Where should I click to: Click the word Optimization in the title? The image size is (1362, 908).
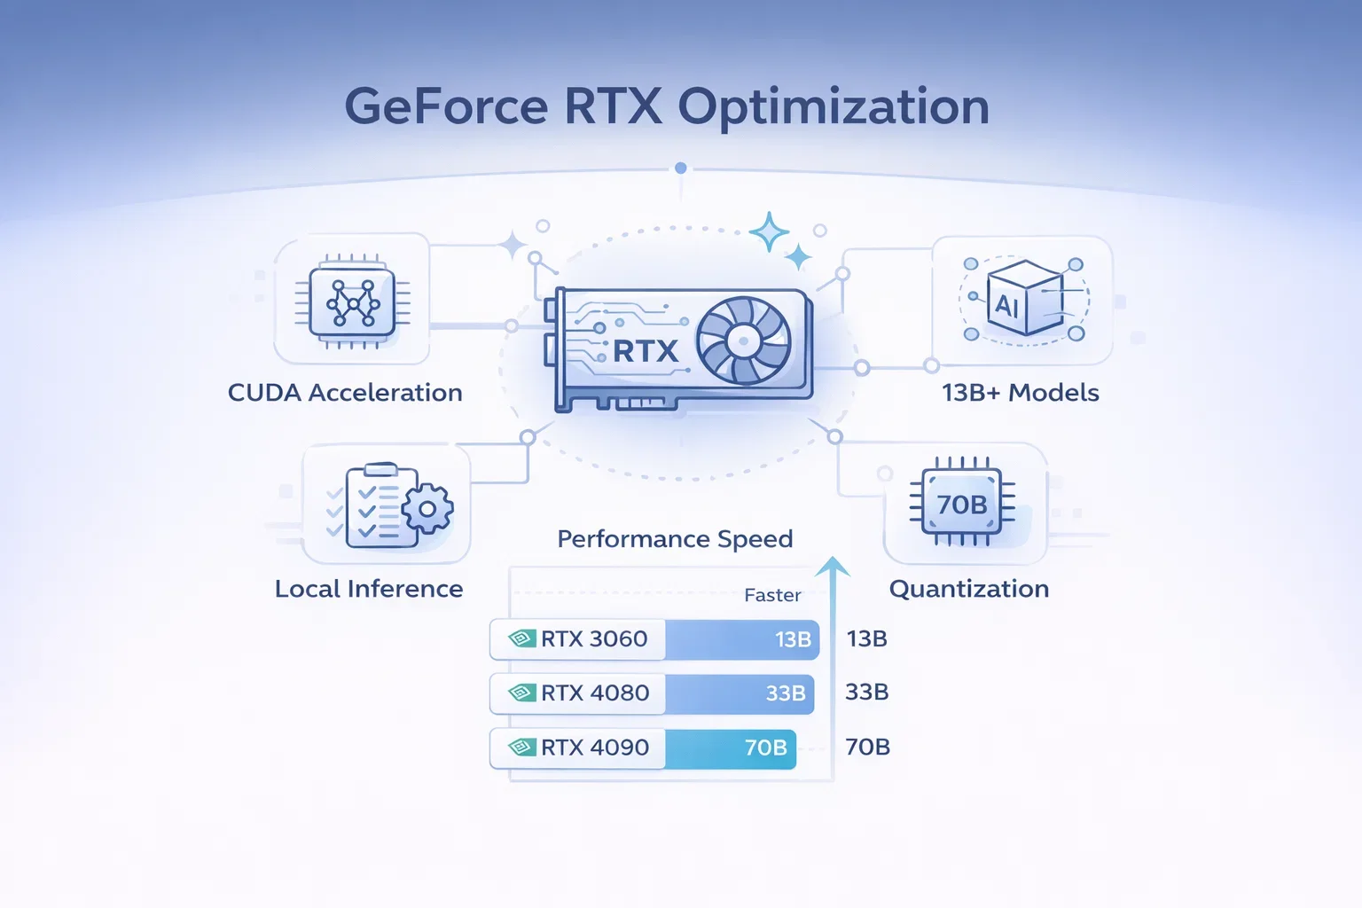[x=834, y=108]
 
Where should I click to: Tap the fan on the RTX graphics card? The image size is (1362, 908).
[x=743, y=340]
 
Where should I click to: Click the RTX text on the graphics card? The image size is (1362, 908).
[x=645, y=352]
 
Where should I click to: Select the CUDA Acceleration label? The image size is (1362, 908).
[x=345, y=393]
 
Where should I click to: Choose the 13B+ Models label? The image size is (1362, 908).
[x=1020, y=393]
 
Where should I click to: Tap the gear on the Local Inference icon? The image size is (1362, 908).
[x=427, y=509]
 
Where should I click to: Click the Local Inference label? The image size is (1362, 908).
[x=369, y=589]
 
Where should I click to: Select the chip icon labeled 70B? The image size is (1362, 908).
[x=962, y=504]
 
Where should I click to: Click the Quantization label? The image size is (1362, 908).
[x=968, y=589]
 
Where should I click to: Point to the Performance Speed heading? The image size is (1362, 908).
[x=675, y=539]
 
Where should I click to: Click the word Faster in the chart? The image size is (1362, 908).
[x=772, y=595]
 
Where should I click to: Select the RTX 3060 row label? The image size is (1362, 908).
[x=593, y=638]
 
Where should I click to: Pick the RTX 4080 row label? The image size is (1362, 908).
[x=594, y=693]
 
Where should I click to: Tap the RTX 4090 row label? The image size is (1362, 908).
[x=594, y=748]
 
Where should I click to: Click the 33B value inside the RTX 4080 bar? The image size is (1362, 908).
[x=785, y=693]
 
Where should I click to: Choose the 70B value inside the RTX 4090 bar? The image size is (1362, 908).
[x=765, y=748]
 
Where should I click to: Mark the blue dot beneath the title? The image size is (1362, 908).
[x=681, y=168]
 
